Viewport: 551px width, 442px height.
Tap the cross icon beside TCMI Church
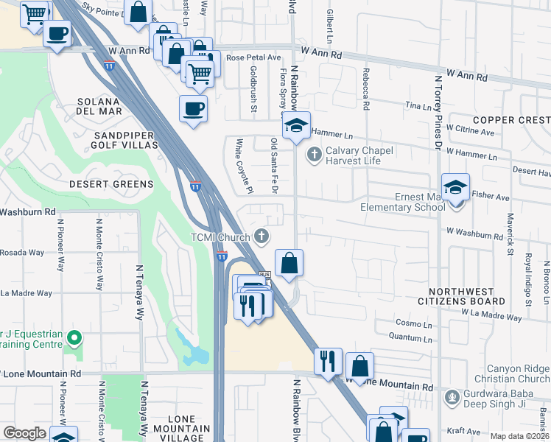pos(260,236)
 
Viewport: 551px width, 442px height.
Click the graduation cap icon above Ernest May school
pos(455,187)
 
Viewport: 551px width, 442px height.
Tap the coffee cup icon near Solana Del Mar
pos(193,108)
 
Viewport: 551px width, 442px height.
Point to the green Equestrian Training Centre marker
pos(73,338)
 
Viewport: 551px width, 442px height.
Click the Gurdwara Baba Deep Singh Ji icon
pos(452,398)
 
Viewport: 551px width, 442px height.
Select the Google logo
pos(25,433)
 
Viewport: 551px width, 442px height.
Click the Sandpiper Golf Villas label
pos(125,140)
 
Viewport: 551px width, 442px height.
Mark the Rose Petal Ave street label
pos(254,57)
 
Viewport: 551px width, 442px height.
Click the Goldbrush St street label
pos(253,88)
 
